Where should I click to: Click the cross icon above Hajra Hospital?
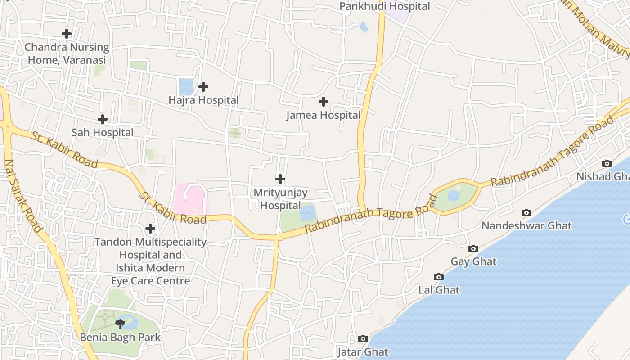tap(203, 86)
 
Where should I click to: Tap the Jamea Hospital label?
tap(323, 115)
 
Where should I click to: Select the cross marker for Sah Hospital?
tap(103, 119)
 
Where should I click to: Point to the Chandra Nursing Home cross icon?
tap(67, 34)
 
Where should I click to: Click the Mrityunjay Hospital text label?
tap(280, 199)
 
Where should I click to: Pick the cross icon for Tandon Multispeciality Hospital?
tap(150, 229)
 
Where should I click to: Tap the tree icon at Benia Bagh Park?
tap(120, 324)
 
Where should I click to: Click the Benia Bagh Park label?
tap(120, 337)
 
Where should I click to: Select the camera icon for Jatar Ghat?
tap(363, 338)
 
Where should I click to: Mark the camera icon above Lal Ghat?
tap(439, 277)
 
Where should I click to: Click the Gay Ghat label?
tap(473, 261)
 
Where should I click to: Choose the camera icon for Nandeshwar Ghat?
tap(526, 212)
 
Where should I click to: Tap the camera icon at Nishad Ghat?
tap(607, 163)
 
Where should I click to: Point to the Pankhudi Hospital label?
tap(384, 6)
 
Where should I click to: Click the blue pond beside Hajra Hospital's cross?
tap(186, 86)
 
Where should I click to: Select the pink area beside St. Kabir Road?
tap(191, 198)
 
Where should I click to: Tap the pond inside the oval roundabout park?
tap(454, 195)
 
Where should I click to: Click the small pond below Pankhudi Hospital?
tap(364, 27)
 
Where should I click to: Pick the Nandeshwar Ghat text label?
tap(526, 225)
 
